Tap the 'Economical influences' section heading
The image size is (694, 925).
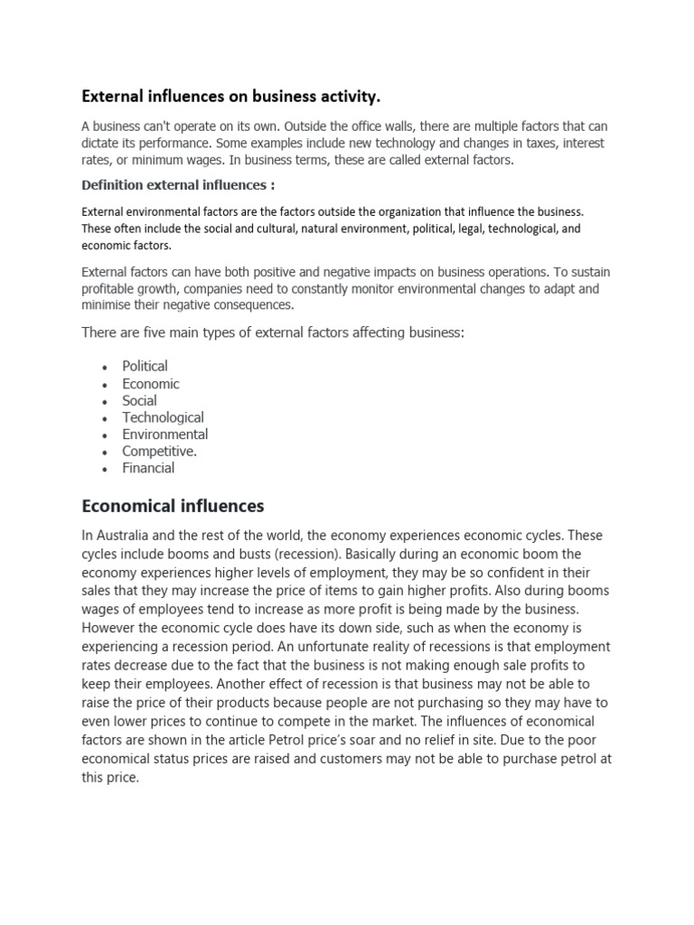click(173, 505)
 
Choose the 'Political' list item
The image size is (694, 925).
click(145, 366)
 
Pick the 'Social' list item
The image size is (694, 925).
click(139, 400)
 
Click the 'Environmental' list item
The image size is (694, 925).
click(164, 434)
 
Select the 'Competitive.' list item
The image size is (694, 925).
click(159, 451)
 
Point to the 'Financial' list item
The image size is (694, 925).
click(148, 468)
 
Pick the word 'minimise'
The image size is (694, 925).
click(109, 304)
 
